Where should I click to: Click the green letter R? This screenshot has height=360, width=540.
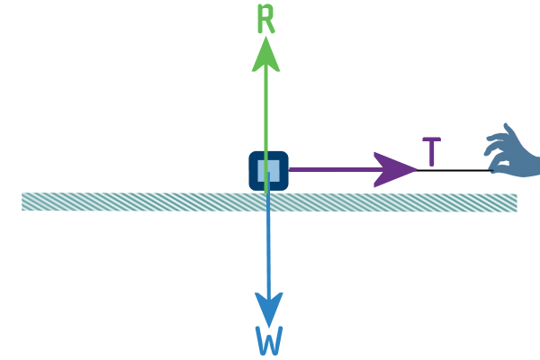265,19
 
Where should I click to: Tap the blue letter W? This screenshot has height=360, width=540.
269,340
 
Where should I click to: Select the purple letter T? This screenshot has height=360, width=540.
431,151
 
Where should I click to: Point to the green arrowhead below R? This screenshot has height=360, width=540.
265,54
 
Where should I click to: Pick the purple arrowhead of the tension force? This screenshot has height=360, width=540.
395,169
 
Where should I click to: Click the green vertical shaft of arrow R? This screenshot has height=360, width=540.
265,128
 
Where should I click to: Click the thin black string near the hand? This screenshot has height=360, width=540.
454,170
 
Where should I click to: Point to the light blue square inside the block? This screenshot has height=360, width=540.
268,170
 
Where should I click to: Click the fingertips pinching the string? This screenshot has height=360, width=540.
493,169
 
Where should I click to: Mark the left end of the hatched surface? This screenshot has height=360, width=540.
22,202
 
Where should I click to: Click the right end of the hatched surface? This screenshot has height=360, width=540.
517,202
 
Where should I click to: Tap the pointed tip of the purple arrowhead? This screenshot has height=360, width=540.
418,169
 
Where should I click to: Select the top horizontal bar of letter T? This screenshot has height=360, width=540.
431,139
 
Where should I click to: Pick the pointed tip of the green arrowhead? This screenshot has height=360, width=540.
265,37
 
